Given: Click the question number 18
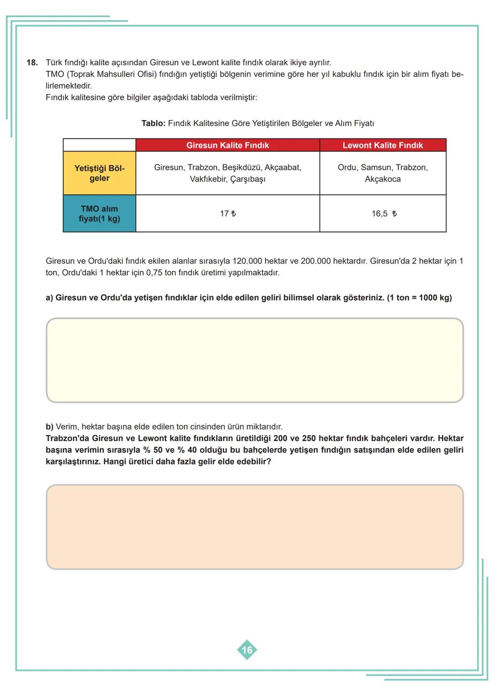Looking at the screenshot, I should click(x=32, y=63).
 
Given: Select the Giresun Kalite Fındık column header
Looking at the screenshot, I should click(x=227, y=145).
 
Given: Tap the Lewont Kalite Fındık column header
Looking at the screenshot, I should click(x=383, y=145).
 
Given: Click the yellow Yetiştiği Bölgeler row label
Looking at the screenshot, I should click(x=99, y=173).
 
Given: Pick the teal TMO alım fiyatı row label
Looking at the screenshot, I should click(x=99, y=214).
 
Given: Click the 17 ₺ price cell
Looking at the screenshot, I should click(x=228, y=214).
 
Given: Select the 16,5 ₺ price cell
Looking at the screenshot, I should click(x=383, y=214).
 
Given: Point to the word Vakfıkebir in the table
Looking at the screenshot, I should click(x=208, y=179).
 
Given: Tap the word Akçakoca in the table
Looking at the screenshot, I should click(x=383, y=179).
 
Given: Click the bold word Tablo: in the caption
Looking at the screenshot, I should click(x=153, y=123).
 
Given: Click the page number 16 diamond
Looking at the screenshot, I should click(x=247, y=650).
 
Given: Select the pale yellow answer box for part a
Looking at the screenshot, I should click(x=255, y=360).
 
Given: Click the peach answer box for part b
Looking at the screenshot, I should click(x=255, y=527).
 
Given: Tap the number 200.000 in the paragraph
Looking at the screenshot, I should click(x=315, y=261).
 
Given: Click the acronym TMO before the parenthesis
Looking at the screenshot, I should click(x=55, y=74).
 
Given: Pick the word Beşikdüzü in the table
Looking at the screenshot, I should click(x=241, y=168).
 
